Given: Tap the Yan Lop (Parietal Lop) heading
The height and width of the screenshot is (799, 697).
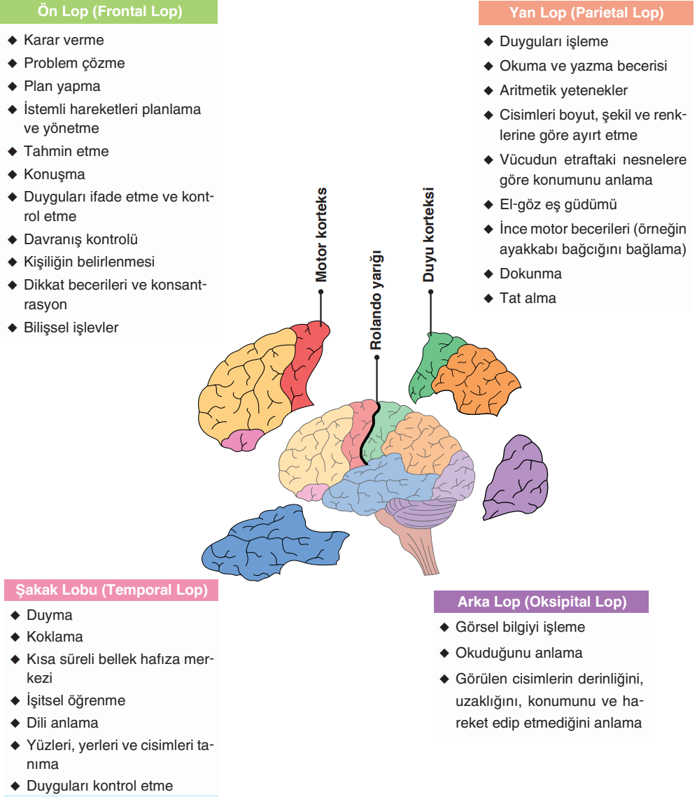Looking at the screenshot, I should click(x=586, y=13).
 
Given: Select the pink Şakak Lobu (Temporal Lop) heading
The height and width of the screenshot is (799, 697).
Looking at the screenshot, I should click(x=111, y=590).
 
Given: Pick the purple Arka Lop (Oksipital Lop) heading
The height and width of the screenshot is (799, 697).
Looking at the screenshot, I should click(x=541, y=602).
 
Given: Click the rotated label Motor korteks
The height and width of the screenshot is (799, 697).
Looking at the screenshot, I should click(x=321, y=235).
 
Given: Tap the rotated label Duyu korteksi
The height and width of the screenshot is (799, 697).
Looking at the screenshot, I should click(x=430, y=235).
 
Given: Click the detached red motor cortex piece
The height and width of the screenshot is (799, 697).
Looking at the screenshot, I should click(x=305, y=367).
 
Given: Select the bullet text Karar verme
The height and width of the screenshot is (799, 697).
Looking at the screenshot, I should click(x=64, y=41).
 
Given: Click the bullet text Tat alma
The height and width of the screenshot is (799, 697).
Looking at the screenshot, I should click(x=528, y=298).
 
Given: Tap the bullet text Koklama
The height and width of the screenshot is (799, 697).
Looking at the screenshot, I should click(x=55, y=637).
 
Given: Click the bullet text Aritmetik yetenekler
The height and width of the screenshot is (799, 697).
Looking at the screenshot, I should click(x=563, y=90).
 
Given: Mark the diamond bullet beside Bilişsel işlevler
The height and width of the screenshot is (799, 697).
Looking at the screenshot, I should click(x=12, y=327).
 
